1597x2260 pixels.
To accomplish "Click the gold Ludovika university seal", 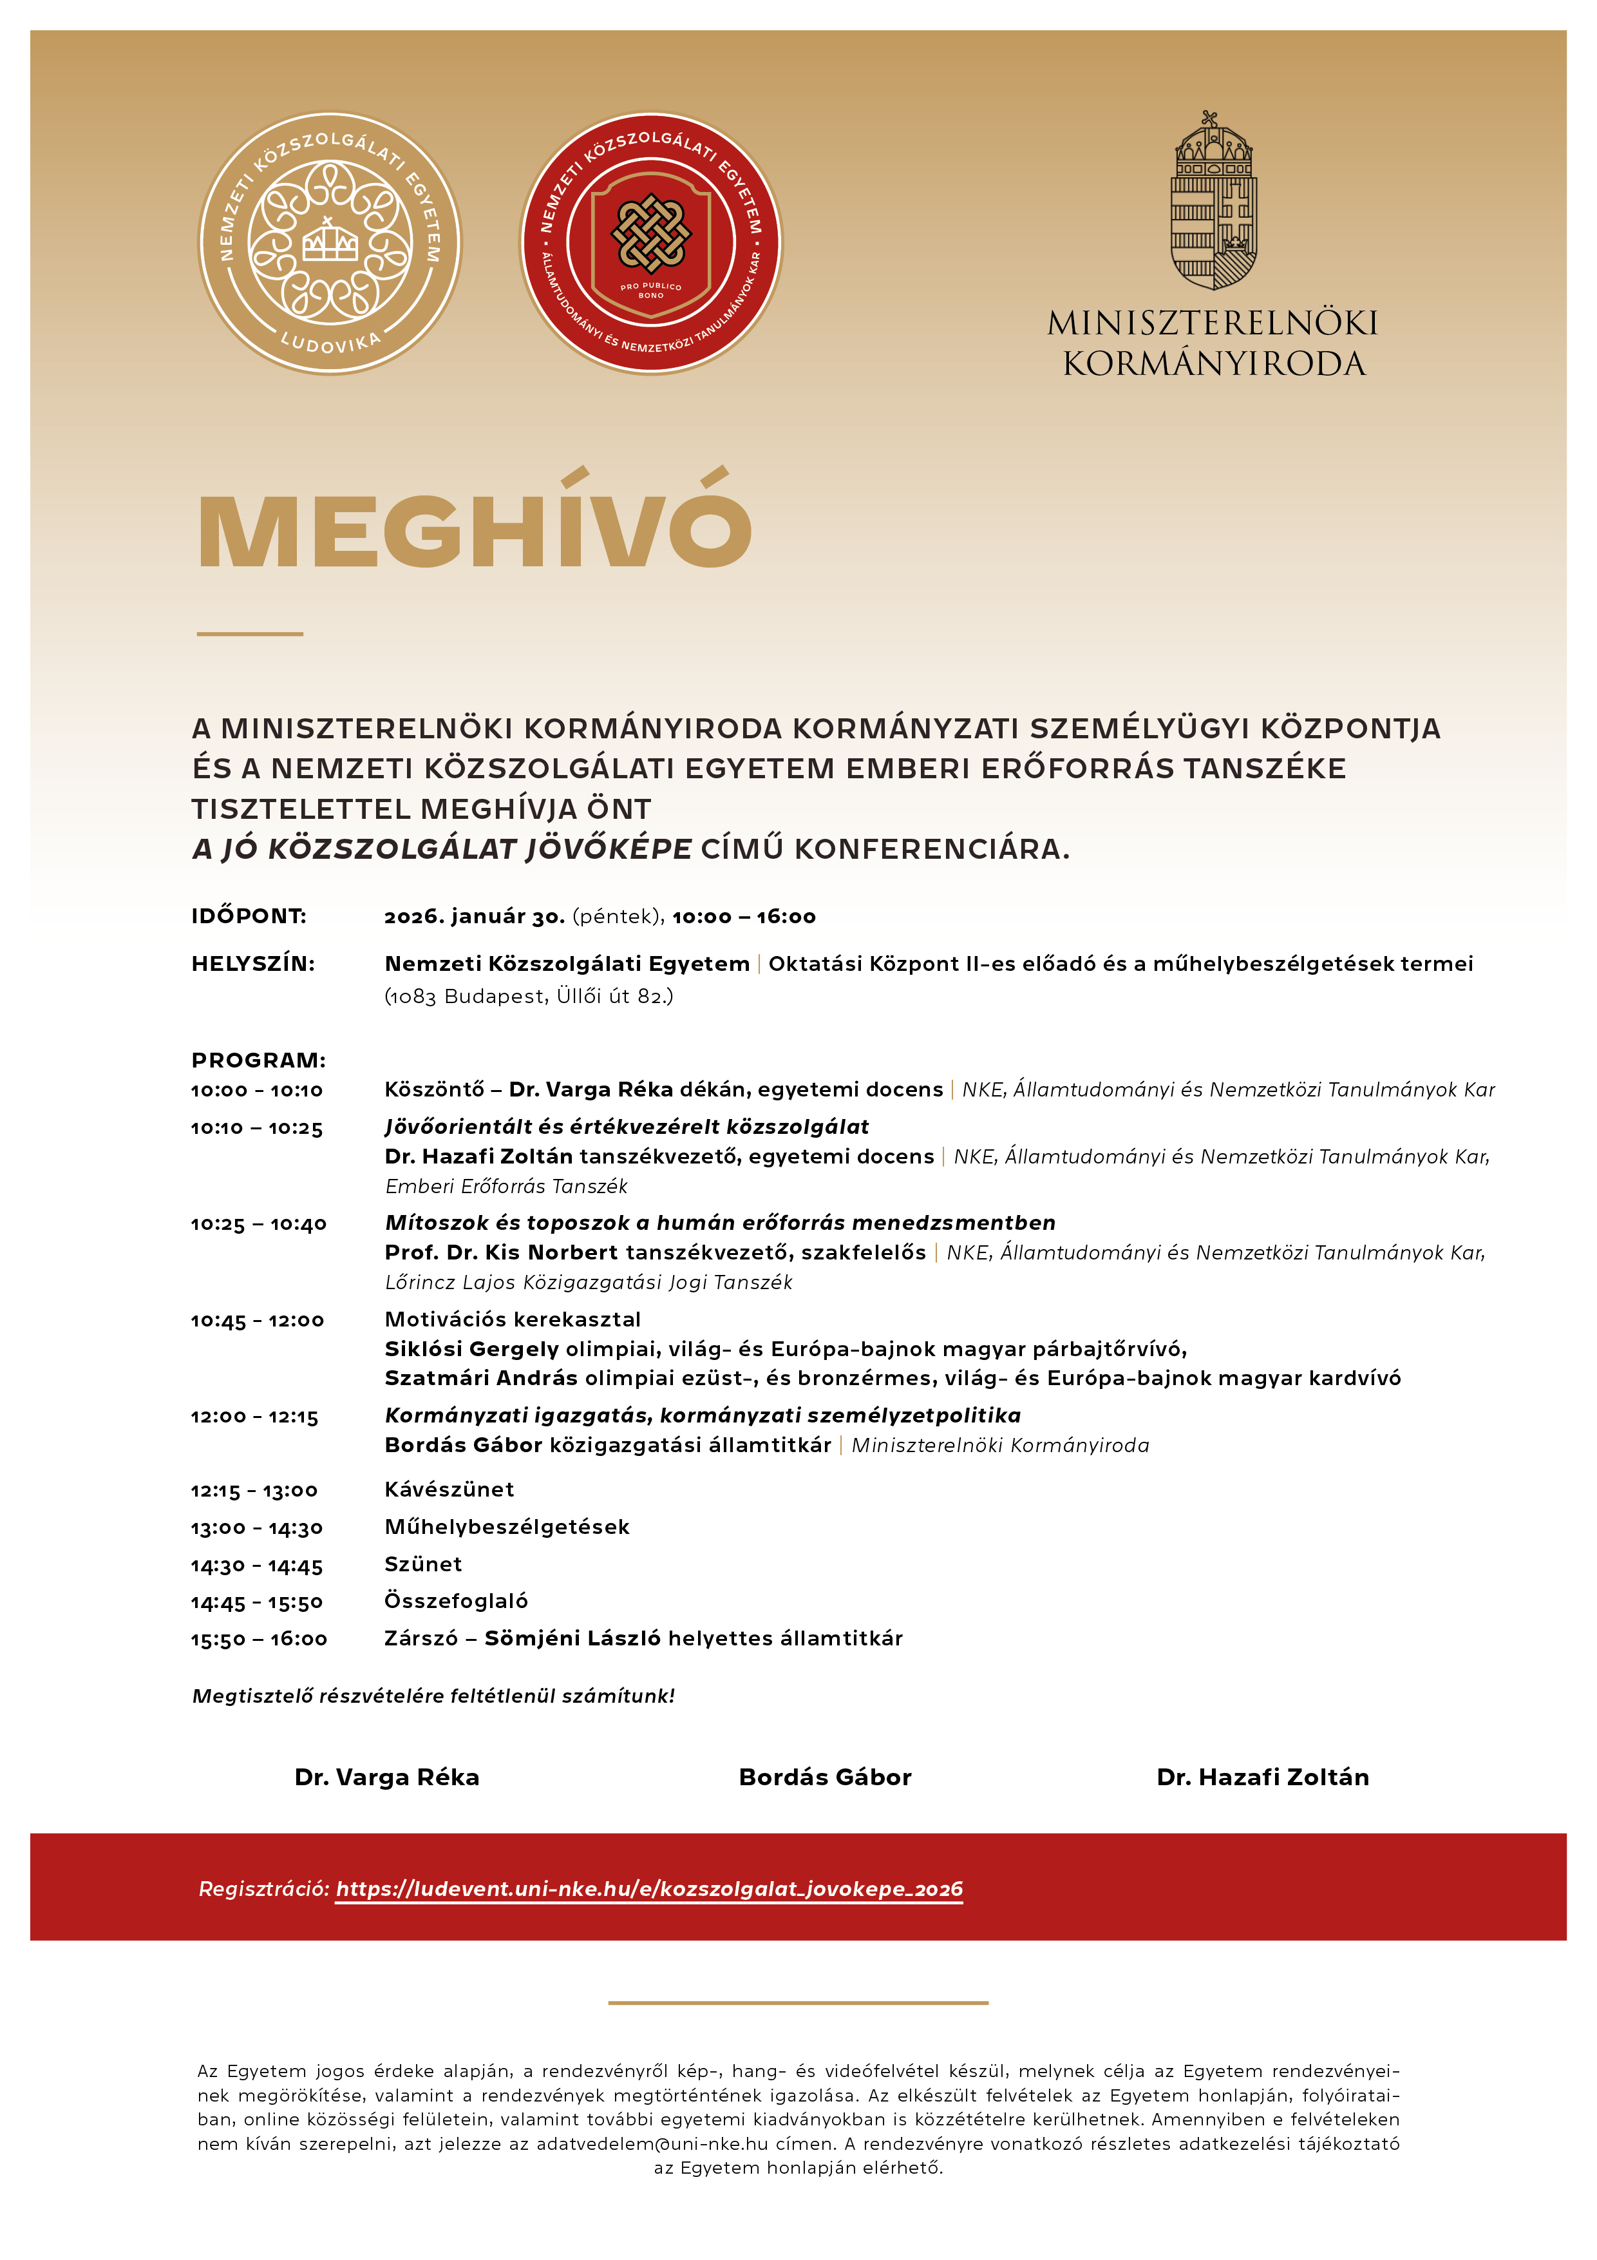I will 330,243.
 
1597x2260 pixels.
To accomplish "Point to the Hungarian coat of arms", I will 1213,201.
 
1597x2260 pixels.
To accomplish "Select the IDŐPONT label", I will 249,916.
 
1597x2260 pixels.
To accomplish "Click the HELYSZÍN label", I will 253,964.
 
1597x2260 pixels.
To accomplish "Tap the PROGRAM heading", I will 258,1060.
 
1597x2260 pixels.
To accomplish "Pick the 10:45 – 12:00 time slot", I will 258,1320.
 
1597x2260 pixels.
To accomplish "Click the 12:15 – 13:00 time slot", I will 255,1490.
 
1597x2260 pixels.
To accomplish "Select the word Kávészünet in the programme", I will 449,1489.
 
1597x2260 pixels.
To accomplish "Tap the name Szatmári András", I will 481,1378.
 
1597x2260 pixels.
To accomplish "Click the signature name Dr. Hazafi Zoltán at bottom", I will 1262,1777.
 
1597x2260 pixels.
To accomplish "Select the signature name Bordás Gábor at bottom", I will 824,1777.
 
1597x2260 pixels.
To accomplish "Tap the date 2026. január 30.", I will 475,916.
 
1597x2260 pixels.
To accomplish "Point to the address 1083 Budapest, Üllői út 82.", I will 529,996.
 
